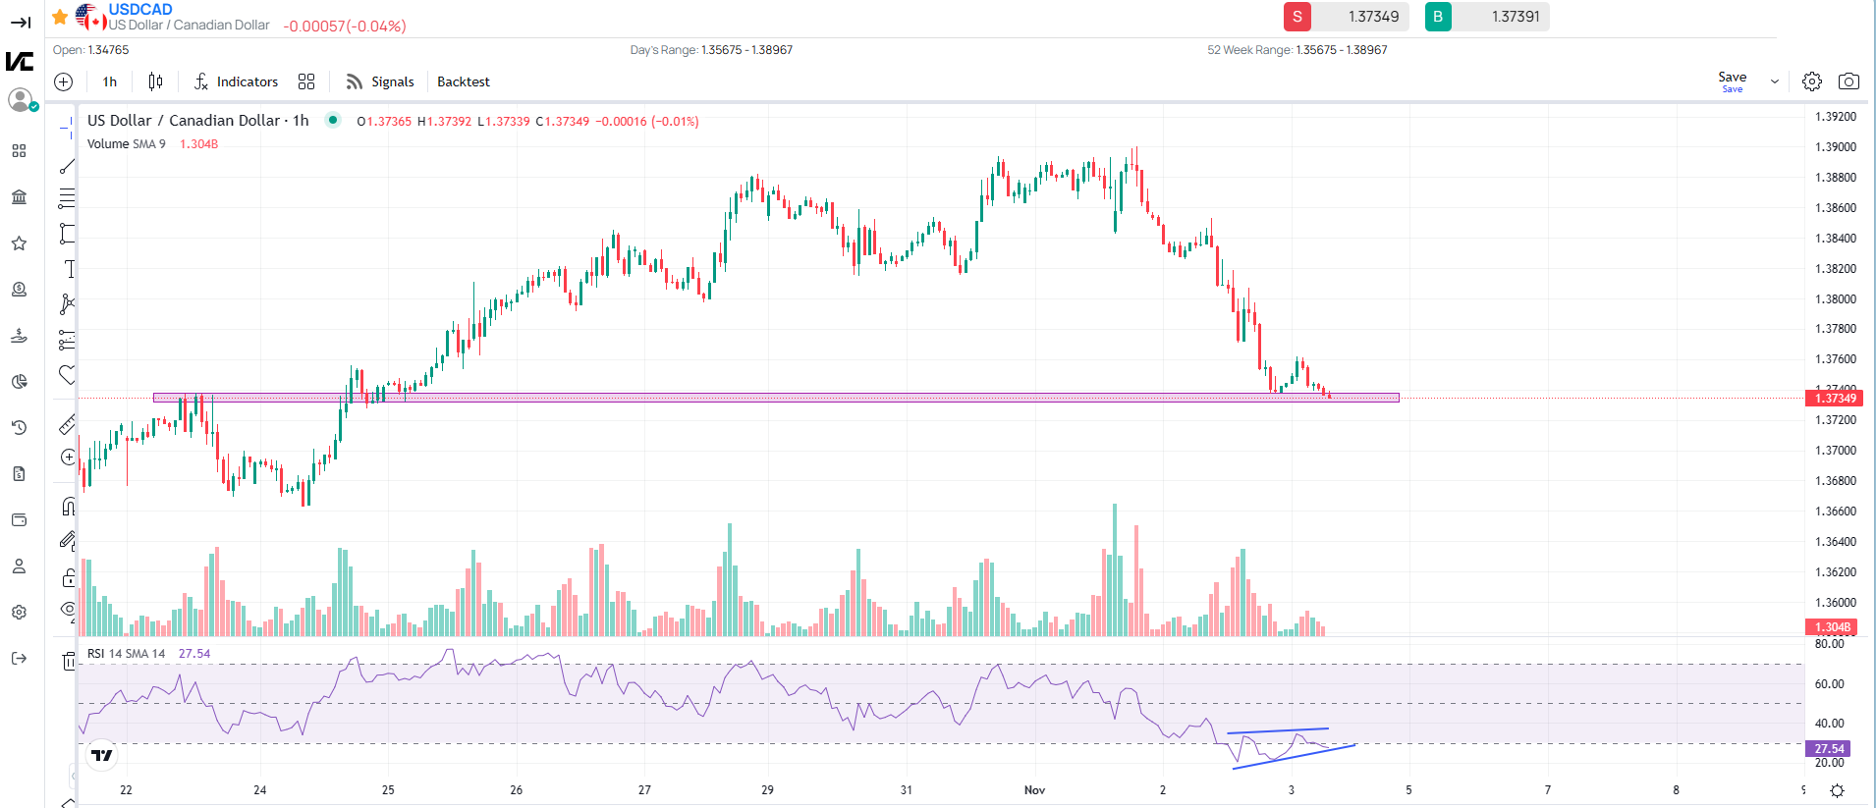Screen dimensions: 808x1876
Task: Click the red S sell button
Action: [1297, 17]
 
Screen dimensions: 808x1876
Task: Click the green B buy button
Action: [1438, 17]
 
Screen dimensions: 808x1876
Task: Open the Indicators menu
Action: [236, 81]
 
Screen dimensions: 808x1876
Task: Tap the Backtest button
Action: [463, 81]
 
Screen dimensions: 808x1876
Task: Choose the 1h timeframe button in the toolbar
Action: [110, 81]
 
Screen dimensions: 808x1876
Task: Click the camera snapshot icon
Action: [1848, 81]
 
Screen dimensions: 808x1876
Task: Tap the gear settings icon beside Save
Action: [1812, 81]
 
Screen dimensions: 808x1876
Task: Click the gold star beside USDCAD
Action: [60, 17]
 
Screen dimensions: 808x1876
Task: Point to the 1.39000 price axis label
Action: [1835, 147]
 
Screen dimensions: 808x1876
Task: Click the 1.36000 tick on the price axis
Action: [1835, 603]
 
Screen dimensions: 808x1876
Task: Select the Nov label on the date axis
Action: [1034, 790]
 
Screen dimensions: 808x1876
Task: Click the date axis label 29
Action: [767, 790]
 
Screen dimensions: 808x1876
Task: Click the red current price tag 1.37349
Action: [1834, 399]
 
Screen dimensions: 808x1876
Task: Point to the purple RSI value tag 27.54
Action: [1828, 749]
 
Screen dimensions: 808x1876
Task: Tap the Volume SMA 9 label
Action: [126, 144]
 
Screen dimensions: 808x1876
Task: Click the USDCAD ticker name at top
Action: [140, 10]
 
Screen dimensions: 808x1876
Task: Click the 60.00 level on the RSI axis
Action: [1829, 684]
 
